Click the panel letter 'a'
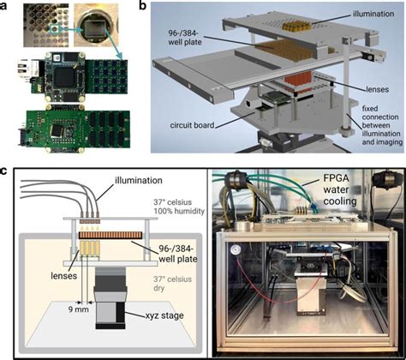pyautogui.click(x=6, y=7)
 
